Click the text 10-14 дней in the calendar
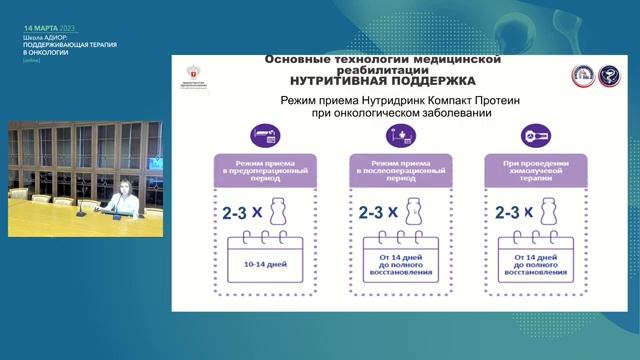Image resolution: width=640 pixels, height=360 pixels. pos(266,266)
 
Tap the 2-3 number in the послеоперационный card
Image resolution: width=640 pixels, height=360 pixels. pos(375,212)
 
